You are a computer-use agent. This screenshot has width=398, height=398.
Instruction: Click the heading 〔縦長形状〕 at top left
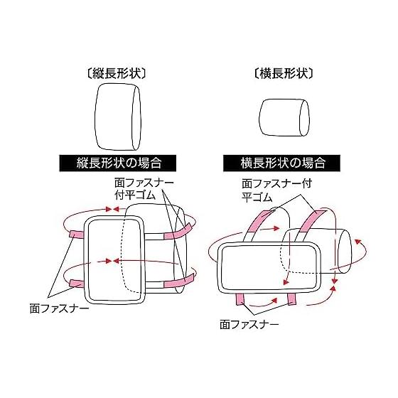click(x=117, y=74)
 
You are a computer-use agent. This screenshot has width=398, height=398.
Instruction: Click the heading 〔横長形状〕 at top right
click(x=284, y=74)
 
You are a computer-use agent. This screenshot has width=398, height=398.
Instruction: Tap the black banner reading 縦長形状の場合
click(x=118, y=163)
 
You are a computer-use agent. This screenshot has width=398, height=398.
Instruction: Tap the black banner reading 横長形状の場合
click(x=281, y=163)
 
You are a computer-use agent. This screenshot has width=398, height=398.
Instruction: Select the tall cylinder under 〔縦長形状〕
click(x=117, y=117)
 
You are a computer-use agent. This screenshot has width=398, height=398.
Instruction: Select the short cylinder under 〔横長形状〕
click(x=284, y=117)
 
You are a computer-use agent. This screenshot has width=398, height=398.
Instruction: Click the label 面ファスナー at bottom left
click(x=60, y=308)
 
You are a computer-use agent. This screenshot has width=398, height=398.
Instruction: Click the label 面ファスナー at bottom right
click(x=249, y=324)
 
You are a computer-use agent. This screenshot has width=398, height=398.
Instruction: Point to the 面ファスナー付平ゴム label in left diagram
click(x=144, y=189)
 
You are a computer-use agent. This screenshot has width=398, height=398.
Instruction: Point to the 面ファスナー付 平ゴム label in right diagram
click(x=276, y=190)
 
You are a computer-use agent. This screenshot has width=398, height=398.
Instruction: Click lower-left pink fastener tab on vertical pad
click(x=77, y=283)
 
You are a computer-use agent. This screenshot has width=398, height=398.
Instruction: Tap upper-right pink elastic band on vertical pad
click(x=178, y=232)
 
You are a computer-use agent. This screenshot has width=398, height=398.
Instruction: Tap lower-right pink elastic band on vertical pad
click(x=178, y=281)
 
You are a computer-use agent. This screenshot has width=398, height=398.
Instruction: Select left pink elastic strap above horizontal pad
click(x=259, y=221)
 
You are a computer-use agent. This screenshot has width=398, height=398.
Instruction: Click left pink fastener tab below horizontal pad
click(x=240, y=299)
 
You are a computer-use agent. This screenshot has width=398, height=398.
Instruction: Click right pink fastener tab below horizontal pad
click(x=292, y=299)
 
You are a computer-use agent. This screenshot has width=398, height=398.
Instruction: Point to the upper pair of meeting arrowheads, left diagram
click(x=112, y=209)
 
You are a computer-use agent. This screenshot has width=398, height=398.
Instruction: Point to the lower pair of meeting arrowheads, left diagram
click(x=112, y=261)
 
